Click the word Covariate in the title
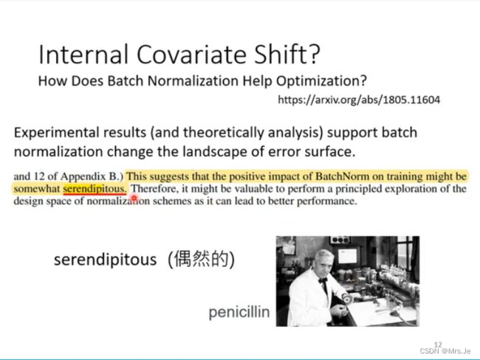point(192,55)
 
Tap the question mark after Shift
point(313,54)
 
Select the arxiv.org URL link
point(359,100)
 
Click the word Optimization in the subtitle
point(321,81)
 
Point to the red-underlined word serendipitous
point(95,189)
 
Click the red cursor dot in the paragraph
point(134,198)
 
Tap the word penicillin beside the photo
point(239,313)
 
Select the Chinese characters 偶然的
point(202,260)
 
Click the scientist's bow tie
point(323,280)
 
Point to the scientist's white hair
point(324,255)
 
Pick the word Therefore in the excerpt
point(154,189)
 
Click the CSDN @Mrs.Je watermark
point(445,351)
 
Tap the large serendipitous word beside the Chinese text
point(106,260)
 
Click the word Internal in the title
point(83,55)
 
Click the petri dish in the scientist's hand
point(346,298)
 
